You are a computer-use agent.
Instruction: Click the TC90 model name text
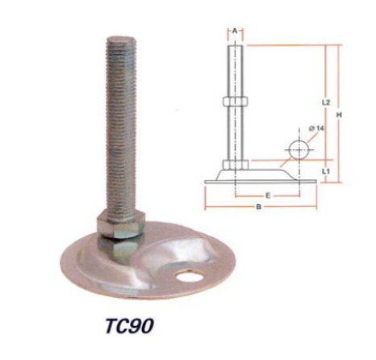129,326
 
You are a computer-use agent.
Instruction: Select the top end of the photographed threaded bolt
122,39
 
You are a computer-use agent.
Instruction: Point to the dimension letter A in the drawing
235,31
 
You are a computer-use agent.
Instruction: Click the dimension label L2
326,103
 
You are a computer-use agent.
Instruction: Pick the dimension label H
340,115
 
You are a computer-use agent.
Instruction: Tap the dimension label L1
326,171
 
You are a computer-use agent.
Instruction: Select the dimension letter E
268,196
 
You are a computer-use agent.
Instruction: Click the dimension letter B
259,207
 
